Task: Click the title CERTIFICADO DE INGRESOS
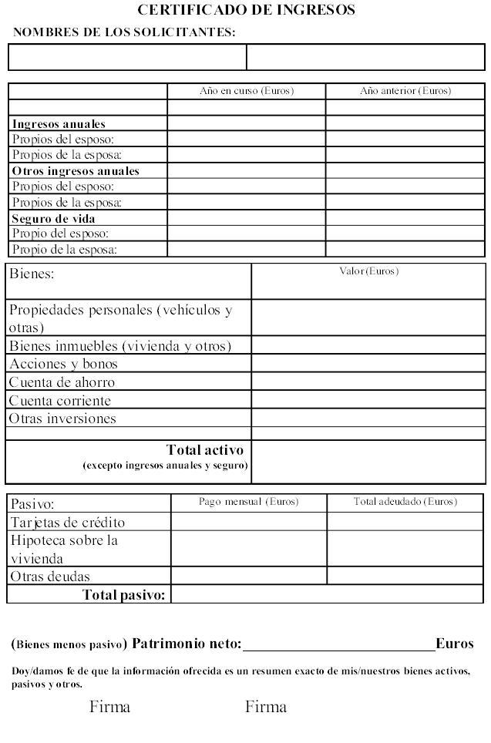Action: pos(246,10)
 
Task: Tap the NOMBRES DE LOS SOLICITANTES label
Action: pos(124,32)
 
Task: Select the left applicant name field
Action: pos(127,58)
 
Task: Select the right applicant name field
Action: pos(365,58)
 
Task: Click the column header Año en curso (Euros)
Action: pos(246,91)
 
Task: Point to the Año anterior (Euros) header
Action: pos(405,91)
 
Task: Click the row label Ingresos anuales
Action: pos(59,123)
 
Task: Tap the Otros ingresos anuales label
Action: pos(76,171)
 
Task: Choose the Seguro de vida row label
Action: pos(54,218)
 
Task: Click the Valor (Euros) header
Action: pos(368,271)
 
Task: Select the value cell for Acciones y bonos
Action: pos(368,364)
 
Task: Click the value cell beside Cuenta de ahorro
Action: pos(368,382)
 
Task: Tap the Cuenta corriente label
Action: pos(60,401)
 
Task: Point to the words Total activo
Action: pos(204,450)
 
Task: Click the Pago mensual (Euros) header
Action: pos(248,502)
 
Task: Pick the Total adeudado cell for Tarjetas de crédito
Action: pos(405,522)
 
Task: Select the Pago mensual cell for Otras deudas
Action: pos(248,576)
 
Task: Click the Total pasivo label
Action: pos(123,595)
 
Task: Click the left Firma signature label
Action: pos(109,707)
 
